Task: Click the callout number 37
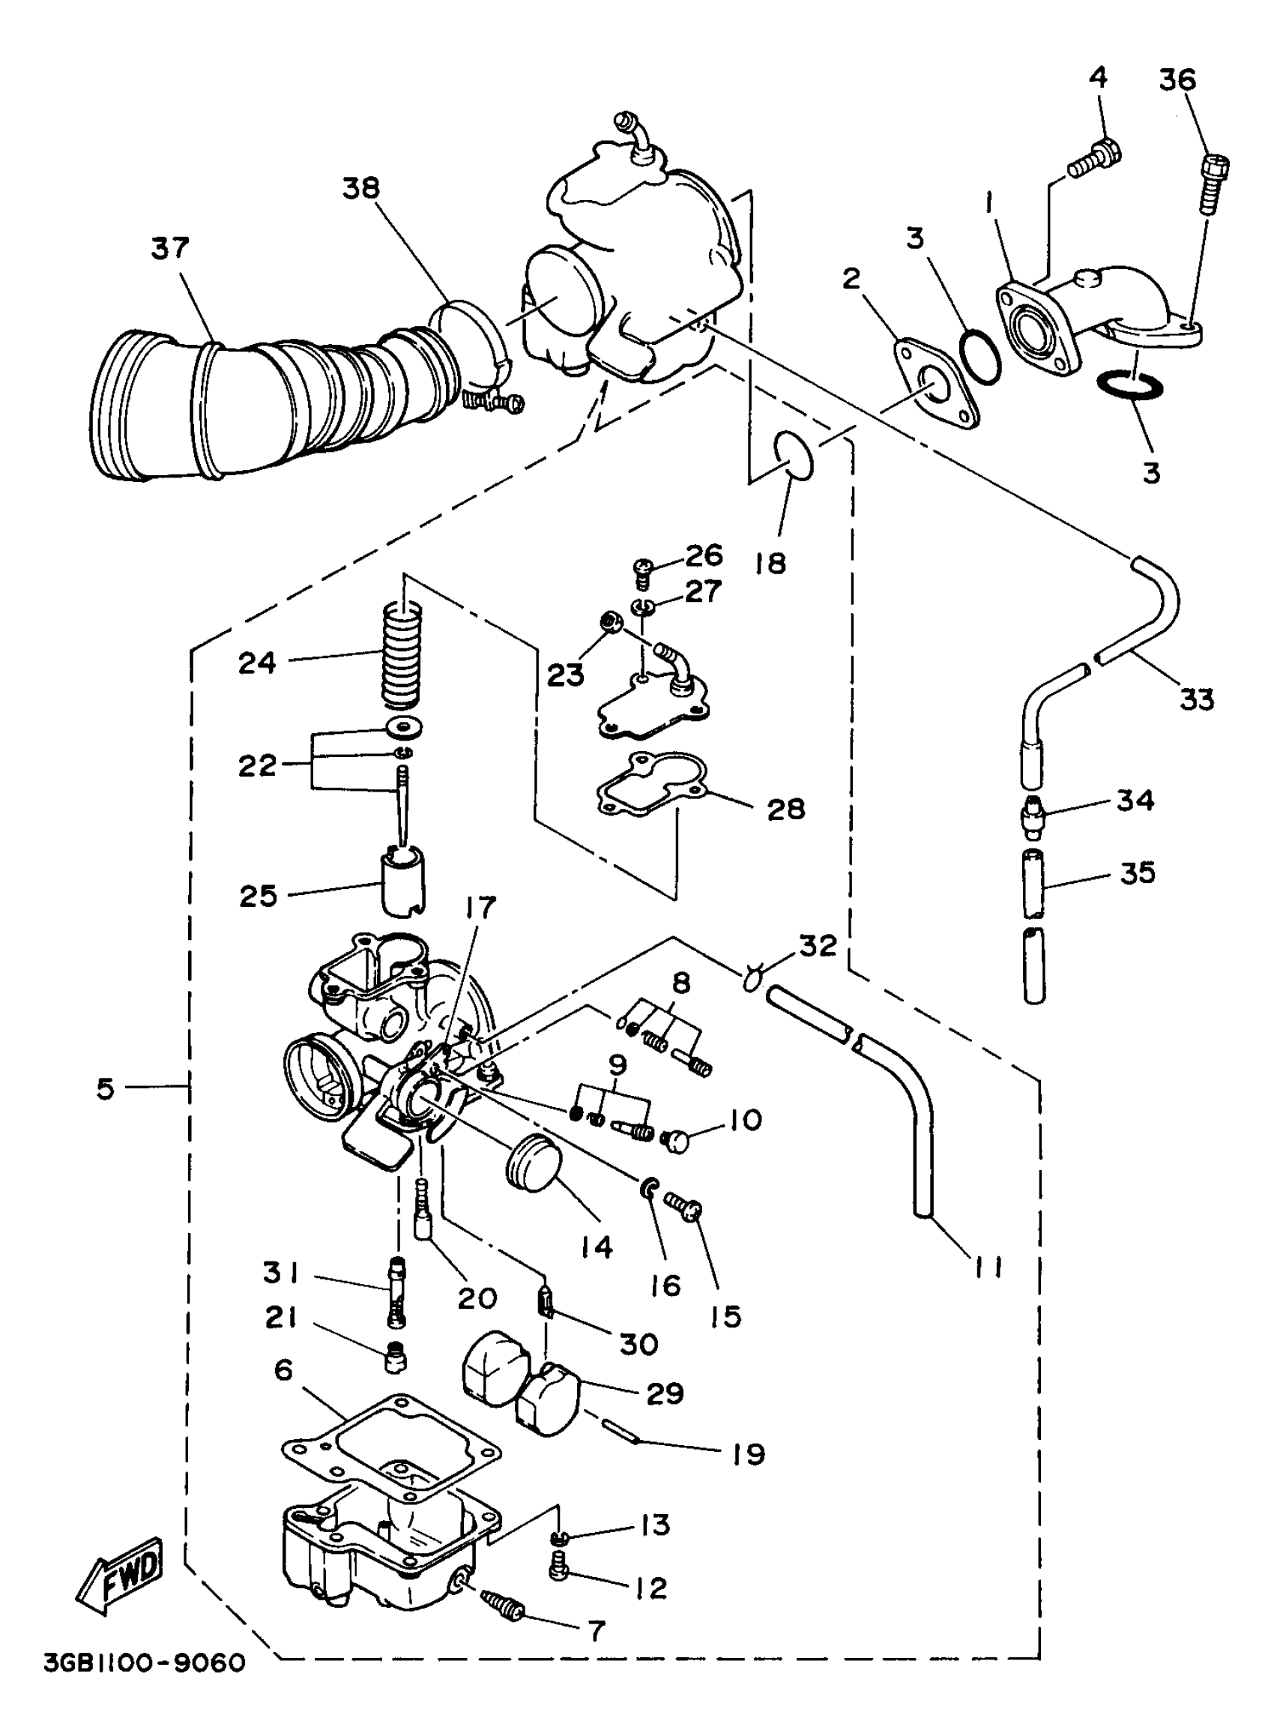point(169,248)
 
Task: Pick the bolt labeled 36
point(1213,183)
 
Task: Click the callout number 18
point(770,563)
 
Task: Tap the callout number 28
point(786,809)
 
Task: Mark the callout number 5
point(106,1088)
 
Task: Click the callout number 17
point(480,908)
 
